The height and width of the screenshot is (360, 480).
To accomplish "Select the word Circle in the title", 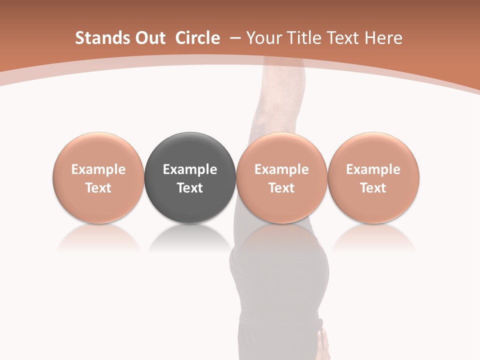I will [x=197, y=38].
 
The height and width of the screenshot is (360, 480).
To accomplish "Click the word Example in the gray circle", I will [x=190, y=169].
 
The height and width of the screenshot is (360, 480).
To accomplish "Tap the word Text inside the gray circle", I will [x=190, y=188].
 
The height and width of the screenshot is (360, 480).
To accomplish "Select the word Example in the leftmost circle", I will [x=98, y=169].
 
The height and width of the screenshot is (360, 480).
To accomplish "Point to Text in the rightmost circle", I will [x=373, y=188].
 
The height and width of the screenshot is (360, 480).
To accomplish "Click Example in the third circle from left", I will [x=281, y=169].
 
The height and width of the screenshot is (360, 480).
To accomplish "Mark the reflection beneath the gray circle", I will [x=190, y=238].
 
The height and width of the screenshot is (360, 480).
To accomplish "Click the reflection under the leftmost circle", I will [x=98, y=238].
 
